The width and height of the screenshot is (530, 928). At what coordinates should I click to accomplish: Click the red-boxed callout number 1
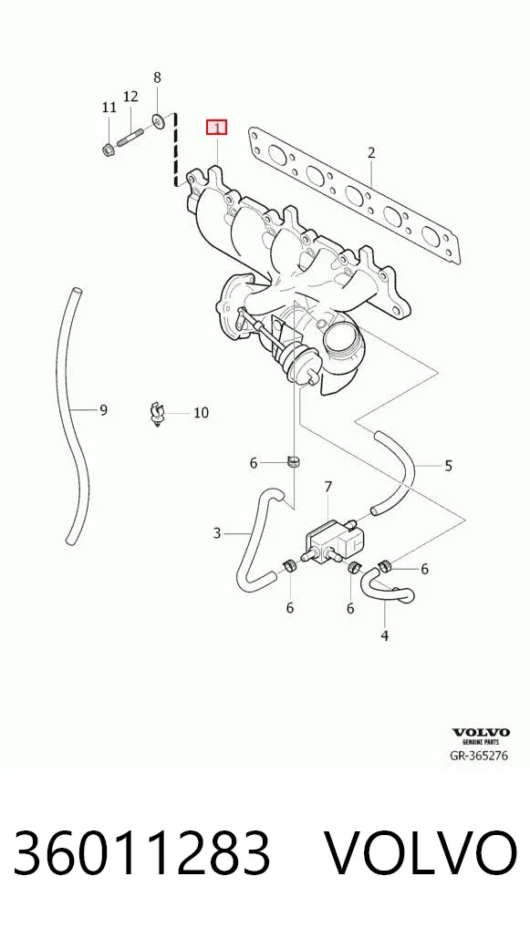coord(217,128)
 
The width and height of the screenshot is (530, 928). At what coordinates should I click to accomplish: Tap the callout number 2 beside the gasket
coord(371,153)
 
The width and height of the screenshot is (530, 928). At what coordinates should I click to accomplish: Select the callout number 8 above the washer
coord(157,77)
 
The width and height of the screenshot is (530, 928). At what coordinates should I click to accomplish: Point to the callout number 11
coord(109,108)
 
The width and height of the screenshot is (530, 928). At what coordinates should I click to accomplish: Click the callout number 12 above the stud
coord(130,96)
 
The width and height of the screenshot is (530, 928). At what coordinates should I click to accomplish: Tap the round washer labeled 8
coord(158,121)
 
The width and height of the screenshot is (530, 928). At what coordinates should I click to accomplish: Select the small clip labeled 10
coord(156,414)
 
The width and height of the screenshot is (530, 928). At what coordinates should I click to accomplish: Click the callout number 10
coord(202,413)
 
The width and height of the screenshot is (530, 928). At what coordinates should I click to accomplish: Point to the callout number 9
coord(103,409)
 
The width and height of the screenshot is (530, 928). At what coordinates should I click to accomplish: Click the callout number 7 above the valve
coord(328,487)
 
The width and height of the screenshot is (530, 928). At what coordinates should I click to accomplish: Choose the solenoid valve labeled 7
coord(335,540)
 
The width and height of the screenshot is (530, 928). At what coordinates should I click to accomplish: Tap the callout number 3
coord(217,534)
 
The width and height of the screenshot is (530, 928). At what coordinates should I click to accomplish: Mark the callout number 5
coord(448,465)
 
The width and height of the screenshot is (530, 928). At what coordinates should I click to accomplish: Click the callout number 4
coord(385,636)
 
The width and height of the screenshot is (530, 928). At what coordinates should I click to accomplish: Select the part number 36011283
coord(141,853)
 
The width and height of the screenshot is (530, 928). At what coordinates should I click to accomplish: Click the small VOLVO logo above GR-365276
coord(481,733)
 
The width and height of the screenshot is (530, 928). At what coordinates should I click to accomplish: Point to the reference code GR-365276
coord(479,756)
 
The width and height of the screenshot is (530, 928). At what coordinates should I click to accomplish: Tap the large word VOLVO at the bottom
coord(421,853)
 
